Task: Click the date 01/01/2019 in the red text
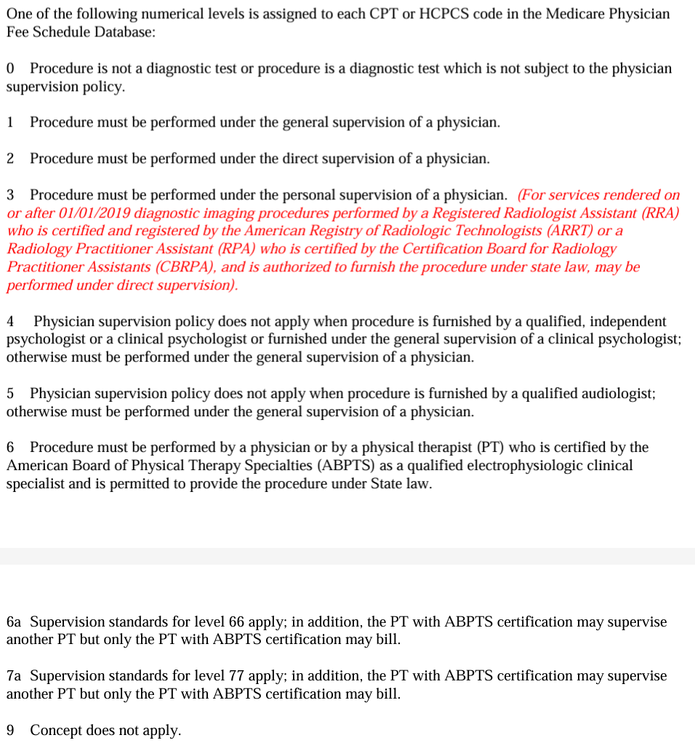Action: tap(96, 213)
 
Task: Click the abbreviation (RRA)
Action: tap(657, 213)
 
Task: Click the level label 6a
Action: tap(14, 622)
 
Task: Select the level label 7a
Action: tap(14, 676)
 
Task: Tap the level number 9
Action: tap(10, 731)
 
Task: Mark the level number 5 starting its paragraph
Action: tap(10, 394)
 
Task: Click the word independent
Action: tap(622, 321)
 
